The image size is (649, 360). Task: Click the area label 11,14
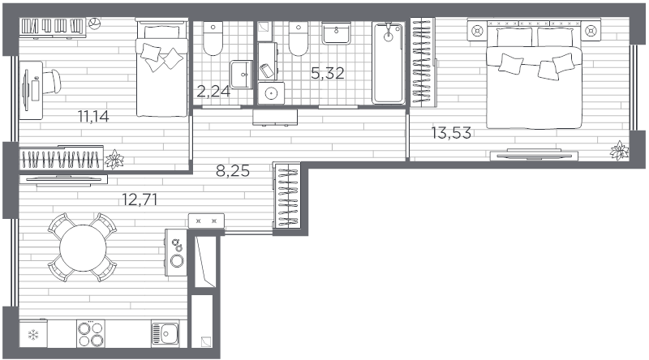93,117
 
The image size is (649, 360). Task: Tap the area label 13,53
451,133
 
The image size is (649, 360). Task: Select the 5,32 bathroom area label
328,73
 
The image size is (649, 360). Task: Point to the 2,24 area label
213,91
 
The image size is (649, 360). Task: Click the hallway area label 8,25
233,170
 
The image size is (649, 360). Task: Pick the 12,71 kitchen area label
140,199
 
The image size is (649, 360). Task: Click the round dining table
83,248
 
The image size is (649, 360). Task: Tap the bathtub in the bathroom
388,63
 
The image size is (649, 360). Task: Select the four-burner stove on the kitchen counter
91,334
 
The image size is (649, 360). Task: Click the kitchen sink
165,333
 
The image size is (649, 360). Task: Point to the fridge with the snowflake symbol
33,333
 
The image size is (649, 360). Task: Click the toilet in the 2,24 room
213,38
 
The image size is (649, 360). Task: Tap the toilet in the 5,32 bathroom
298,39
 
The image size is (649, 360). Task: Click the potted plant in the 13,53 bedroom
619,150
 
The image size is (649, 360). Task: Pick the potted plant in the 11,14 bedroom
114,159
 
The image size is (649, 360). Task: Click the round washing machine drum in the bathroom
271,93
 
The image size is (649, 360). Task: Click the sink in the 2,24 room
242,75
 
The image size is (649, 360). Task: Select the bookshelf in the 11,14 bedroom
53,27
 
